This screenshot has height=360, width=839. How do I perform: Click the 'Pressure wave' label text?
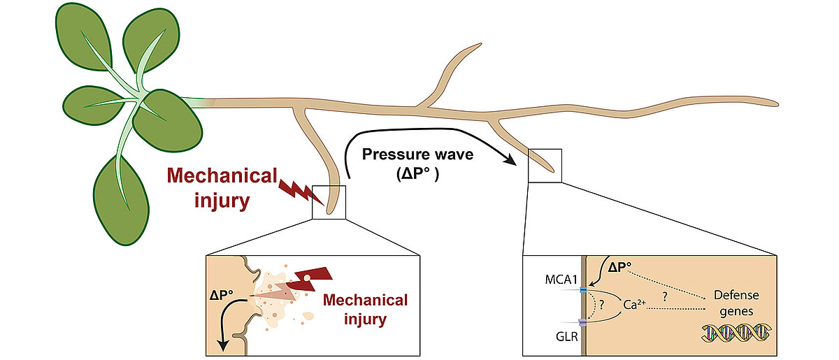pyautogui.click(x=417, y=154)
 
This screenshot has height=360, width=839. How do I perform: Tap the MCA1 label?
pyautogui.click(x=561, y=280)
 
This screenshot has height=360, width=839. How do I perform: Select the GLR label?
pyautogui.click(x=567, y=336)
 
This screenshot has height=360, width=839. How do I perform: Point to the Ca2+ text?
pyautogui.click(x=634, y=304)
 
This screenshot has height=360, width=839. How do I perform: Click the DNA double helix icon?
pyautogui.click(x=736, y=333)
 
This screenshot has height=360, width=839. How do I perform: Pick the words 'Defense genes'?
pyautogui.click(x=736, y=303)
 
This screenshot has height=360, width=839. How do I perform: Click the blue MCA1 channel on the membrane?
pyautogui.click(x=584, y=289)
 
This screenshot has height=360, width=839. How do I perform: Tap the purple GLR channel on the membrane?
pyautogui.click(x=583, y=322)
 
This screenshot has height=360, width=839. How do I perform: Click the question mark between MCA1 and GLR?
pyautogui.click(x=602, y=305)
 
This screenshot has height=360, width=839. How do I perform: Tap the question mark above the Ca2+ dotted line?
pyautogui.click(x=665, y=297)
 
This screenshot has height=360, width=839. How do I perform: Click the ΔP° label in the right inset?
pyautogui.click(x=619, y=267)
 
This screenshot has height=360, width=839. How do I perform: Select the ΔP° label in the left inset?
pyautogui.click(x=222, y=295)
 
